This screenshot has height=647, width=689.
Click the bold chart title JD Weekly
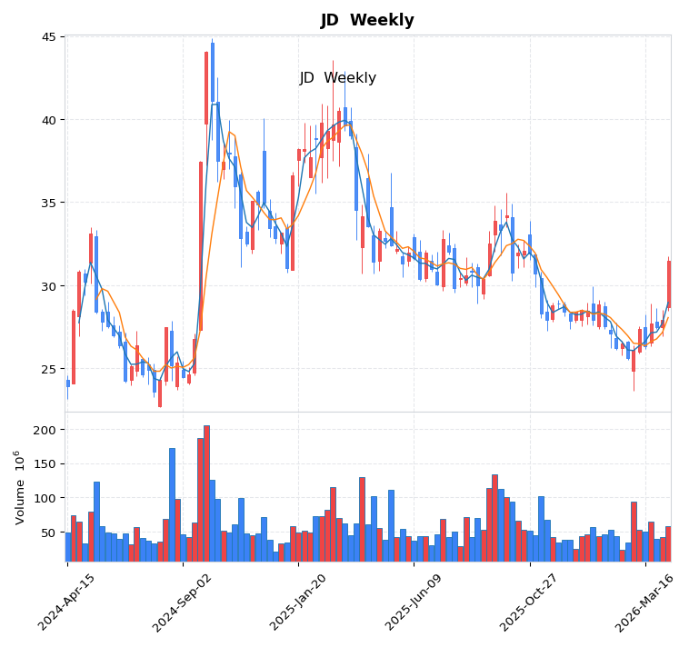(x=367, y=21)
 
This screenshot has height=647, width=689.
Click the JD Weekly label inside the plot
(x=338, y=78)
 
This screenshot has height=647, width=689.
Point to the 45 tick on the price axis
(x=48, y=37)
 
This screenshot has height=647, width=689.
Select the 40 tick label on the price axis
(x=48, y=120)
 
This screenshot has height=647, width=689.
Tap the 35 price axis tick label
(x=48, y=203)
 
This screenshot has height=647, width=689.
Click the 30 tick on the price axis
(x=48, y=286)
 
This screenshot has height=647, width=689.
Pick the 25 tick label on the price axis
(x=48, y=369)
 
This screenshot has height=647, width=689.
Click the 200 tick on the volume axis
(x=45, y=430)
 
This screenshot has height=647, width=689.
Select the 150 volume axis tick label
(x=45, y=464)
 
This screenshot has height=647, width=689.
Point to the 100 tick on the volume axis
(x=45, y=498)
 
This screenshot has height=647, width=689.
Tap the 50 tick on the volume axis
(x=48, y=533)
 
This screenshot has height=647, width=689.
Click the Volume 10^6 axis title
(x=19, y=486)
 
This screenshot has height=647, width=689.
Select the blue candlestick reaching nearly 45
(x=213, y=72)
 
